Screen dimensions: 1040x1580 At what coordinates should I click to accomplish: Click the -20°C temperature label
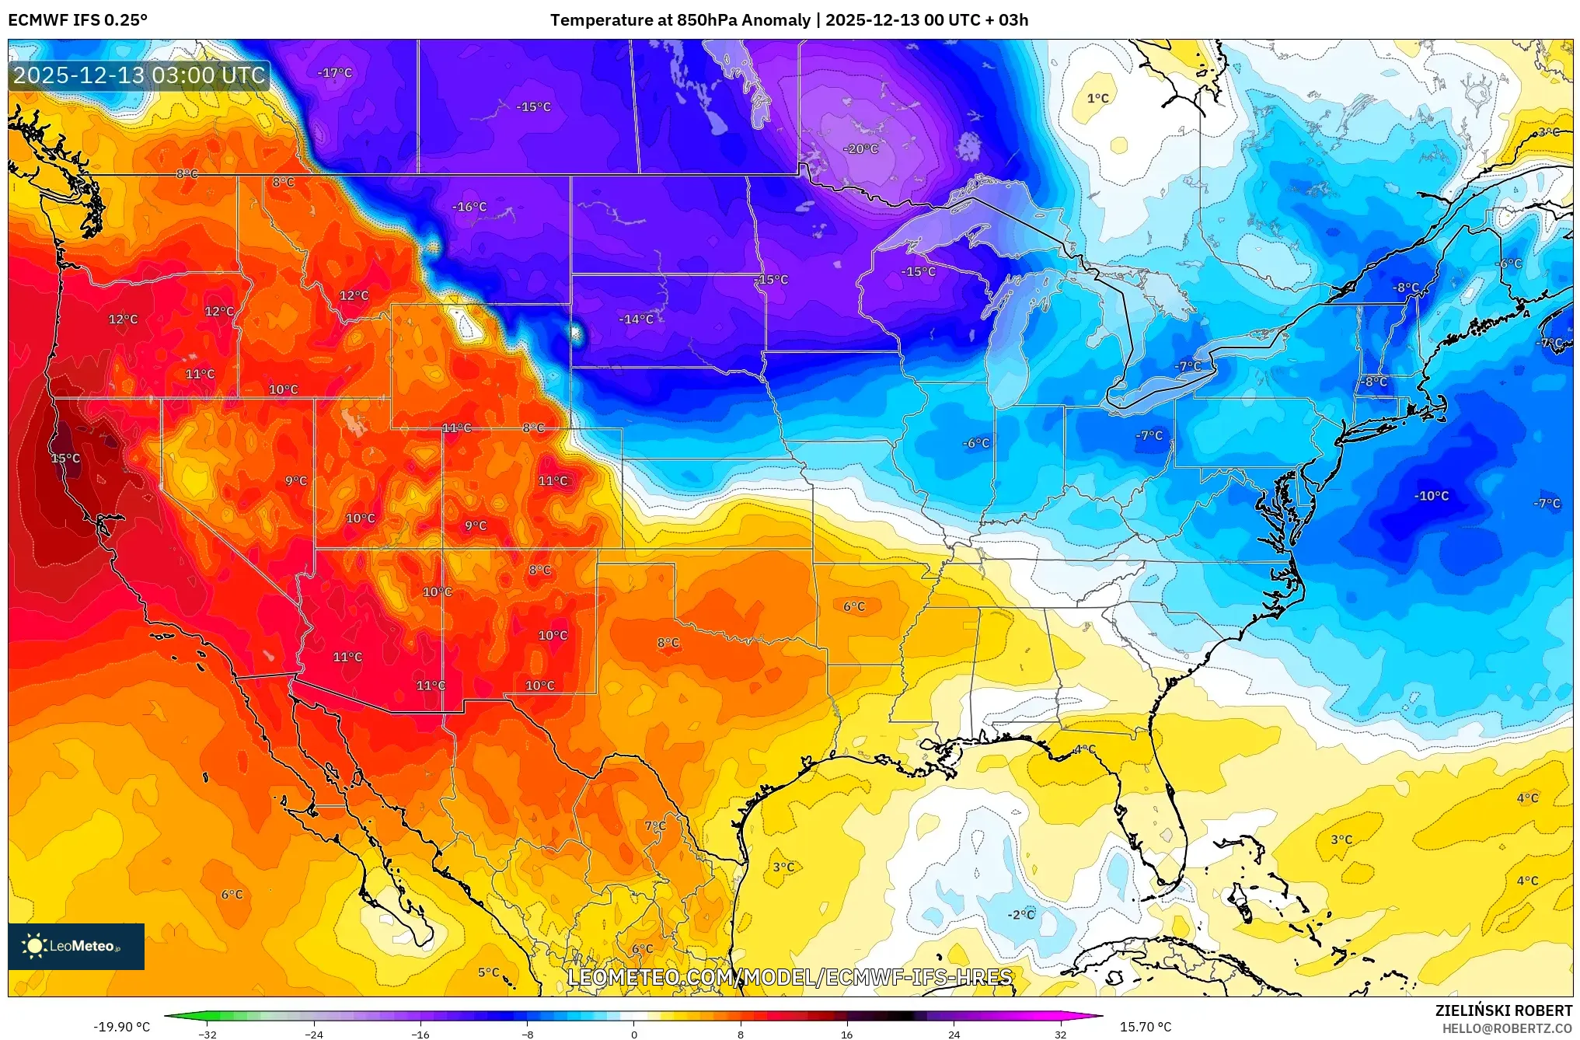(860, 148)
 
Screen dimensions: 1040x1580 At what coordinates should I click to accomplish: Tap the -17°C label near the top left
(335, 73)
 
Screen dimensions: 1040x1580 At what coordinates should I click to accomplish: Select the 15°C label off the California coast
(65, 459)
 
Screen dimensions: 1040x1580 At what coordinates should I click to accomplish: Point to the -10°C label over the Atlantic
(1431, 496)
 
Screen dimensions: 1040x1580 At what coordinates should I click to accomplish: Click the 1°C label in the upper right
(1097, 99)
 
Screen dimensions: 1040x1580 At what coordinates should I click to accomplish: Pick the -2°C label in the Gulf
(1021, 915)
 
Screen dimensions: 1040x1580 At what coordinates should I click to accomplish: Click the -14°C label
(636, 319)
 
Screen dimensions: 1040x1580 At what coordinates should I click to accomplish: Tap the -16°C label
(469, 207)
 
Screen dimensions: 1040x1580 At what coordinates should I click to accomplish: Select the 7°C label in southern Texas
(655, 825)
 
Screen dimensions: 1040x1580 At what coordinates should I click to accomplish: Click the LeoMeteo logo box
(76, 946)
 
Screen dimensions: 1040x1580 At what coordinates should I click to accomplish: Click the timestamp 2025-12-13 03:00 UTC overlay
(139, 75)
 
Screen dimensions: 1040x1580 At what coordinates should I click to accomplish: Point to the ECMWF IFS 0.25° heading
(78, 20)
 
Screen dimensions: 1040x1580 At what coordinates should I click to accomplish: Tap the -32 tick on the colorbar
(208, 1034)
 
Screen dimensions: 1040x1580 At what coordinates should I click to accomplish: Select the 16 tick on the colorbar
(846, 1034)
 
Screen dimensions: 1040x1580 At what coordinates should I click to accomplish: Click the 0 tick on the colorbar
(633, 1034)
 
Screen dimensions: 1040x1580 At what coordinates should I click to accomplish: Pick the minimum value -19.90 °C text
(122, 1027)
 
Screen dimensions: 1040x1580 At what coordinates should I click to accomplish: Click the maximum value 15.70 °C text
(1145, 1027)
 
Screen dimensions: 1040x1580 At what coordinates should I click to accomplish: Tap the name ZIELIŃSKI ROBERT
(1503, 1010)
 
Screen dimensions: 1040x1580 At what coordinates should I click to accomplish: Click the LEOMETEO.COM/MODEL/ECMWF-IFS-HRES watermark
(790, 977)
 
